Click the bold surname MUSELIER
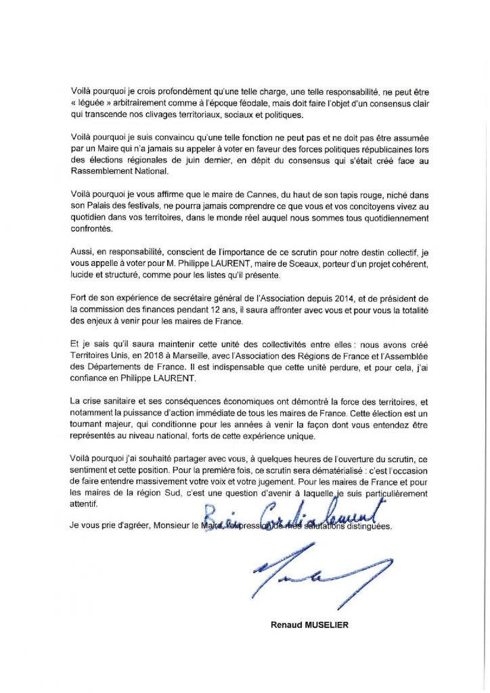pos(324,625)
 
